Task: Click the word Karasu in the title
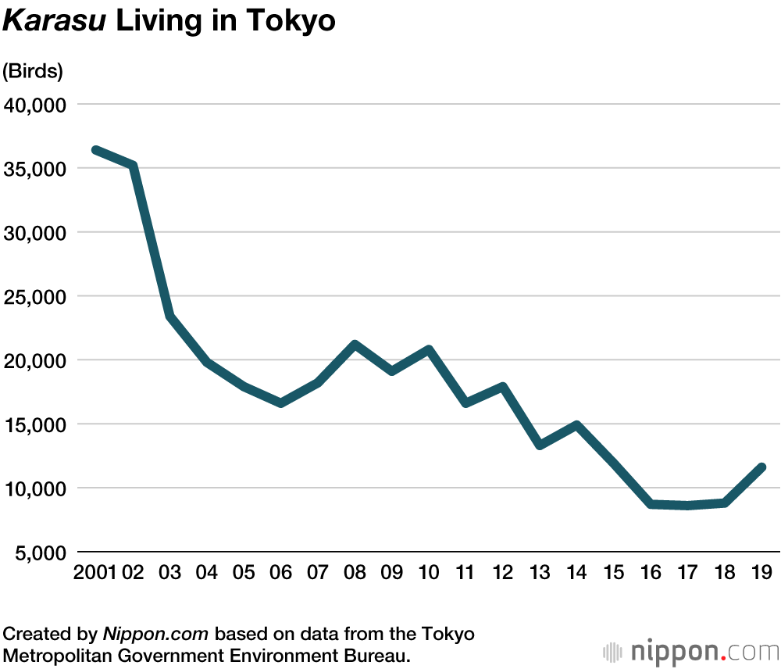(54, 21)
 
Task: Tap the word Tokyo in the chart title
(291, 21)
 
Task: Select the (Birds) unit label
(33, 71)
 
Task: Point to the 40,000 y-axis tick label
(34, 105)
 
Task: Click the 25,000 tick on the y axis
(34, 297)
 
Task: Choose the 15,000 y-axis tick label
(34, 424)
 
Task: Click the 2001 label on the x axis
(95, 572)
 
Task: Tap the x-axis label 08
(355, 572)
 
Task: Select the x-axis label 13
(540, 572)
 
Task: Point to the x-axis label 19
(761, 572)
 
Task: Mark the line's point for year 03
(170, 316)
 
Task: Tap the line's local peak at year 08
(355, 345)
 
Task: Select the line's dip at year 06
(281, 403)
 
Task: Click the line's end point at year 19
(761, 467)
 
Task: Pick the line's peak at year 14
(576, 425)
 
